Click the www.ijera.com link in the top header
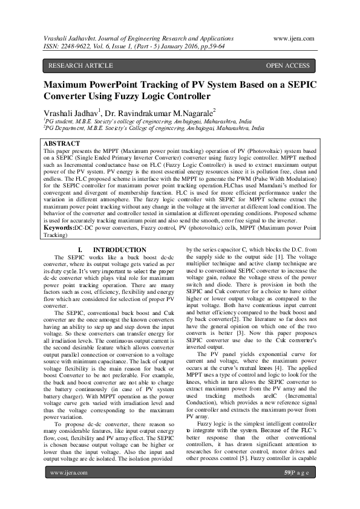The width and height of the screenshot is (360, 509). point(294,38)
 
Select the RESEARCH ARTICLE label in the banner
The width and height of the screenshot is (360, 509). point(80,65)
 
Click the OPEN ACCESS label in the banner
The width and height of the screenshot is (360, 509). point(287,65)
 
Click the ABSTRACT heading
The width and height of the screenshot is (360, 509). point(63,144)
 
